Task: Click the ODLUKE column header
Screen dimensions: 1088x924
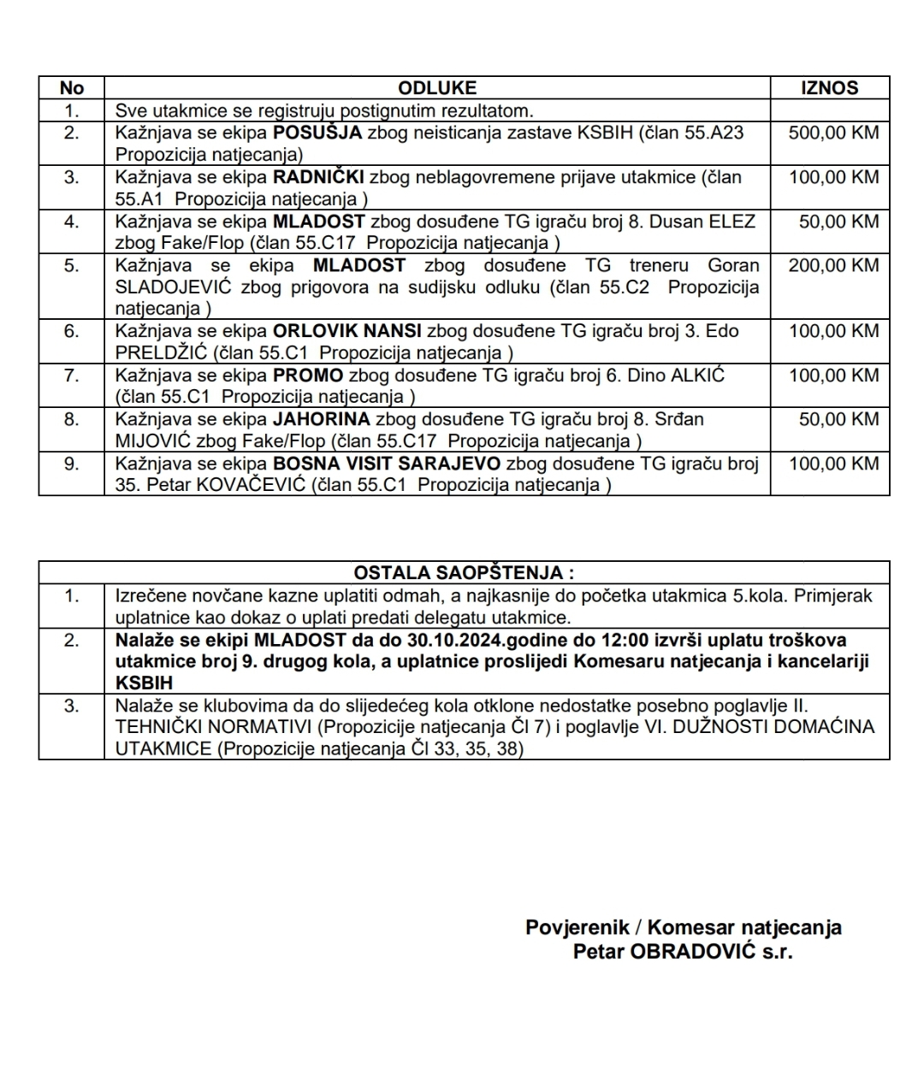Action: (437, 88)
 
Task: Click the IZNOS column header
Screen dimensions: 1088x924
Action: (829, 88)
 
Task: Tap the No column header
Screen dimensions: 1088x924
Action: (72, 88)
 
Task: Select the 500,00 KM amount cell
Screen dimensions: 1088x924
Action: (833, 133)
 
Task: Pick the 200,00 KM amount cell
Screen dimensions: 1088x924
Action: (833, 265)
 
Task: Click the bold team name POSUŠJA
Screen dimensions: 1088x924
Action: (317, 133)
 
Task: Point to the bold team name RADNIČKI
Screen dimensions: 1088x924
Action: (318, 177)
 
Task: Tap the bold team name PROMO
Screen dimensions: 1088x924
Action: (308, 375)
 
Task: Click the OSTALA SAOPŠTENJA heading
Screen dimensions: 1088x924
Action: (465, 572)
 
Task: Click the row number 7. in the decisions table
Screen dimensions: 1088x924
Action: (72, 375)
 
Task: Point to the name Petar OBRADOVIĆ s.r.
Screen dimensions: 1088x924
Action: (683, 952)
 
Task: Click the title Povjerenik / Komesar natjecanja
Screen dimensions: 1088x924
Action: (683, 927)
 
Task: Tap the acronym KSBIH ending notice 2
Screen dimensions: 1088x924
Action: (144, 683)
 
